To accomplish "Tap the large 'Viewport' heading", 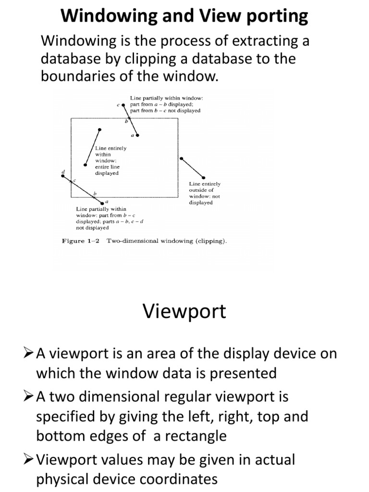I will [184, 311].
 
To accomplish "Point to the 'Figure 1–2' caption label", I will [80, 241].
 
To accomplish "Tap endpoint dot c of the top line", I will [124, 104].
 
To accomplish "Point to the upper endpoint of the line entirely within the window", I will [99, 130].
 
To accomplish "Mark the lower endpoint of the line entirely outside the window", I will [203, 178].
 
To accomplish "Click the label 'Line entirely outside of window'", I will [204, 193].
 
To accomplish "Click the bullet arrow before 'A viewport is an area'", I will [29, 354].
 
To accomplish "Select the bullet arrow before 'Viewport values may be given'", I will [29, 460].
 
